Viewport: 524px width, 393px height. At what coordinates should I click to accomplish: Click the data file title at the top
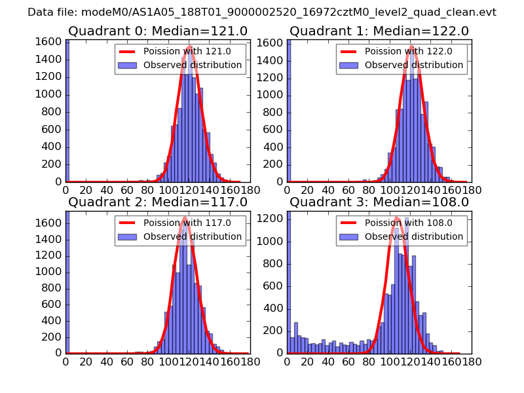(262, 12)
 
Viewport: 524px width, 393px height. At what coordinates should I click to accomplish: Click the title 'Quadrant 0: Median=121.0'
(157, 31)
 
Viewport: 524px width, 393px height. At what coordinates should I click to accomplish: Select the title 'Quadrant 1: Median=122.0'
(379, 31)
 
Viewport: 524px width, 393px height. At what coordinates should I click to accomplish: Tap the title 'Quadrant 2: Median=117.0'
(157, 202)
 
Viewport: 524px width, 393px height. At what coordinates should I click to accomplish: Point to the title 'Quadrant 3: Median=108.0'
(379, 202)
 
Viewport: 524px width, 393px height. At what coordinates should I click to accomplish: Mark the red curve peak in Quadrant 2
(185, 217)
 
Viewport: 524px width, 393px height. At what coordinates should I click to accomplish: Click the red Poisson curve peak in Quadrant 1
(412, 47)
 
